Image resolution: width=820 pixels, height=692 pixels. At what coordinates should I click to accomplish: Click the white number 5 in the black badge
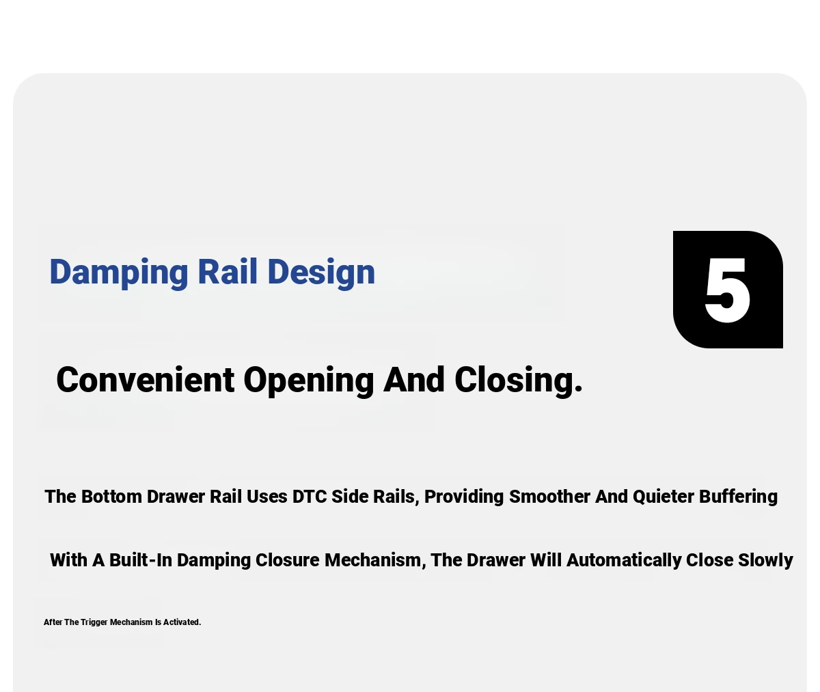pyautogui.click(x=727, y=290)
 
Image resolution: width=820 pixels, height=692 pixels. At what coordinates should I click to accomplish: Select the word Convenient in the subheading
pyautogui.click(x=146, y=380)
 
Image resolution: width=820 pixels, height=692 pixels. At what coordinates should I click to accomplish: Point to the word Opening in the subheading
pyautogui.click(x=309, y=382)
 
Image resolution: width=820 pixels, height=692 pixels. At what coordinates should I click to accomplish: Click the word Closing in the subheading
pyautogui.click(x=519, y=382)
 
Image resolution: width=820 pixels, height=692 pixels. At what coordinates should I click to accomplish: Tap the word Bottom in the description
pyautogui.click(x=111, y=497)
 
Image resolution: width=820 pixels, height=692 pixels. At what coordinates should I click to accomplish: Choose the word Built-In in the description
pyautogui.click(x=141, y=560)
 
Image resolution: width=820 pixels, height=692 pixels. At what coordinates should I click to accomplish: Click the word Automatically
pyautogui.click(x=624, y=561)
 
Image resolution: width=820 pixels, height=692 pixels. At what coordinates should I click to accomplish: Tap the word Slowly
pyautogui.click(x=765, y=561)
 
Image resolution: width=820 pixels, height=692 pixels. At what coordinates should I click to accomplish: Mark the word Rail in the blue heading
pyautogui.click(x=228, y=271)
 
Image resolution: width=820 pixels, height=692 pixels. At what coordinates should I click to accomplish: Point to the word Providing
pyautogui.click(x=464, y=497)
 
